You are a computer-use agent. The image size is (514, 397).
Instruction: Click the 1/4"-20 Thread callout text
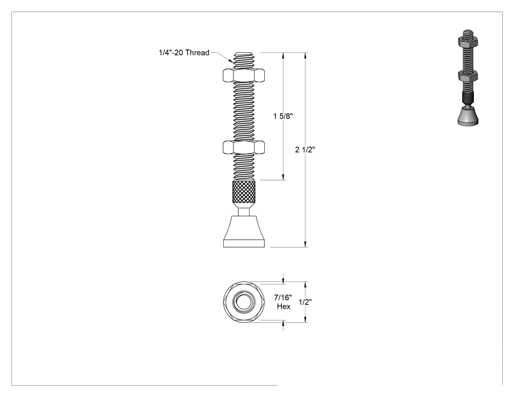[x=184, y=53]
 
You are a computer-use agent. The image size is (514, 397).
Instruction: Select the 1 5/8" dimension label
[x=282, y=116]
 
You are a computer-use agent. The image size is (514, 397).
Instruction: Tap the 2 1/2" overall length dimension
[x=305, y=149]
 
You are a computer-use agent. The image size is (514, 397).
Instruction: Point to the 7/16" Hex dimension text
[x=283, y=302]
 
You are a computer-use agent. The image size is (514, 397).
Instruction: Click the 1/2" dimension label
[x=305, y=302]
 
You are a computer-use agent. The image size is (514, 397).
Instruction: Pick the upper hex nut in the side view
[x=244, y=75]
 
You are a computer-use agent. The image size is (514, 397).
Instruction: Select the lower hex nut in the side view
[x=244, y=147]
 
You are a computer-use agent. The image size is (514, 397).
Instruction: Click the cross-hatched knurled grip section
[x=244, y=192]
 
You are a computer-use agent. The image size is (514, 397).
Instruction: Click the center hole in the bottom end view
[x=244, y=302]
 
